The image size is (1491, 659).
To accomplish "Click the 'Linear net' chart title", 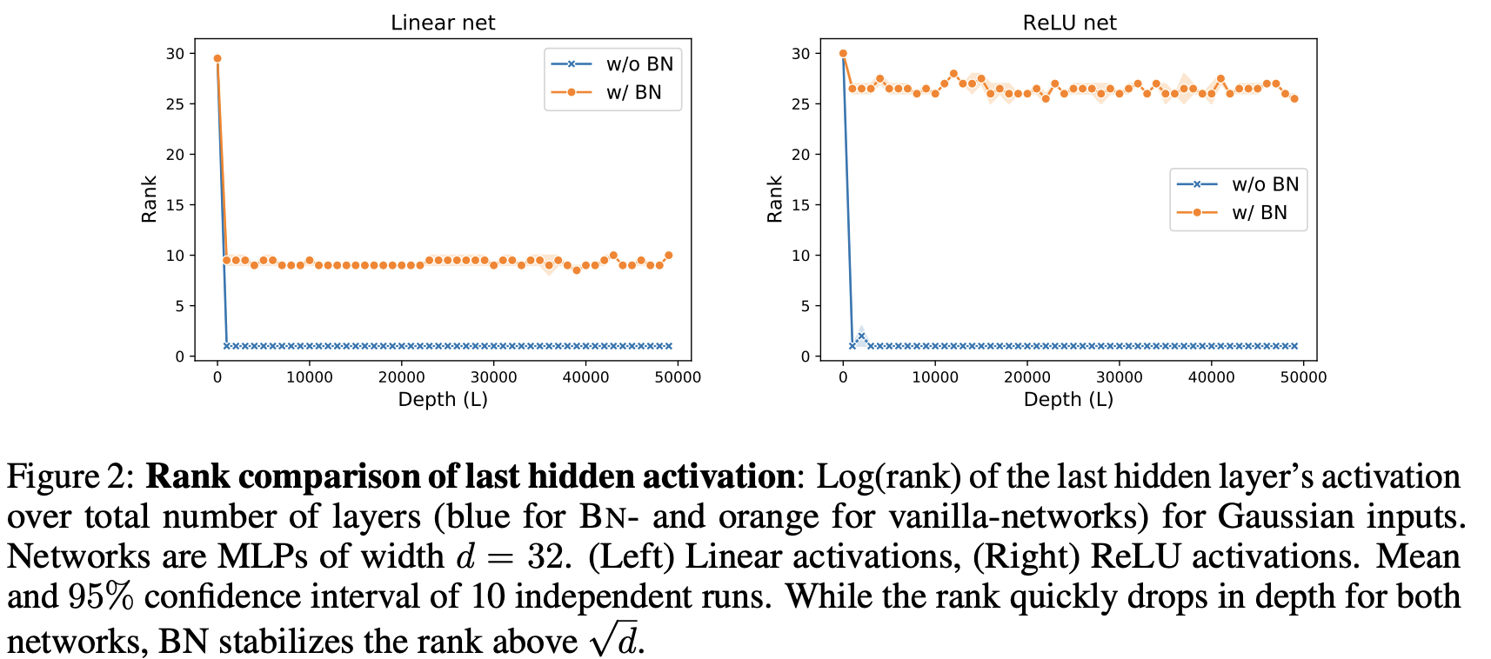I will click(442, 23).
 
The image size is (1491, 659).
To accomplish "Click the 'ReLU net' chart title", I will click(1069, 23).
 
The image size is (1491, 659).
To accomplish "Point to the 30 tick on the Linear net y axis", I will click(175, 54).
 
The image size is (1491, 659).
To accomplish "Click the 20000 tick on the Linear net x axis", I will click(401, 376).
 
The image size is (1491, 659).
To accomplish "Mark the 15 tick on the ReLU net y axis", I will click(800, 205).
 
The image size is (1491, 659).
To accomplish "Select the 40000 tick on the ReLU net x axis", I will click(1211, 376).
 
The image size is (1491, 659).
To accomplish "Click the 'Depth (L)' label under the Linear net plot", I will click(442, 400).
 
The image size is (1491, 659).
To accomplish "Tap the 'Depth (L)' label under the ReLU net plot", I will click(1068, 400).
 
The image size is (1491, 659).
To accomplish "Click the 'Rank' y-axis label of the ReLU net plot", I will click(774, 199).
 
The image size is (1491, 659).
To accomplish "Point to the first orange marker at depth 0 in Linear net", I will click(217, 59).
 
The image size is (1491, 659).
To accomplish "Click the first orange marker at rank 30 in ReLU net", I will click(843, 54).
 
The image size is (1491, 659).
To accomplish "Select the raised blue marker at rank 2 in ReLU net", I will click(861, 336).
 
